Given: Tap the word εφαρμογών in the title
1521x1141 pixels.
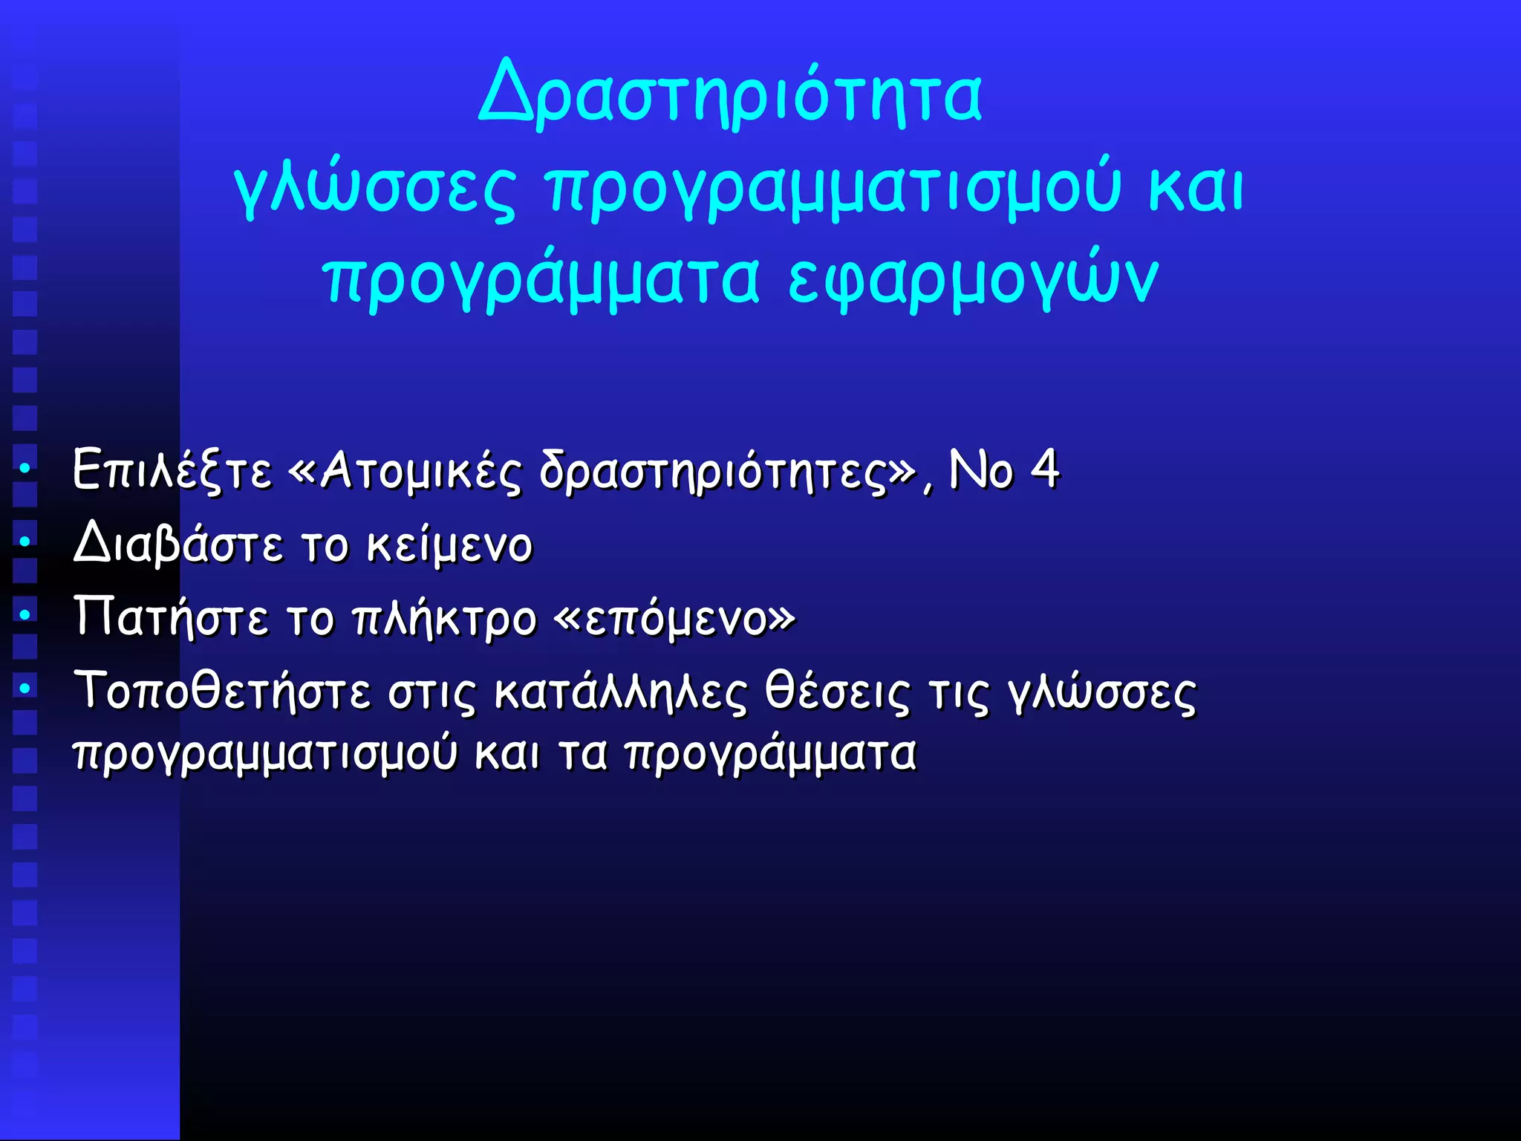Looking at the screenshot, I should [x=972, y=279].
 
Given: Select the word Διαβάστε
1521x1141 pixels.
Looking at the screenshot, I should [x=178, y=544].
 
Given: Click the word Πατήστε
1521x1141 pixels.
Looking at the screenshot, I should [x=171, y=617].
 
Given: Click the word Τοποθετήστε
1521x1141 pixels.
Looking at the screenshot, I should [x=221, y=691].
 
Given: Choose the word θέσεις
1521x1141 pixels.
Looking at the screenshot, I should [x=837, y=692].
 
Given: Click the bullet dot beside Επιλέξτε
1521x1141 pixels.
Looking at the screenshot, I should [x=25, y=469].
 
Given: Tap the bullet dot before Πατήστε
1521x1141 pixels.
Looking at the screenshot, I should [x=25, y=615].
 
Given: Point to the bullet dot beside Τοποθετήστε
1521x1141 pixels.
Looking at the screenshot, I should [x=25, y=689].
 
